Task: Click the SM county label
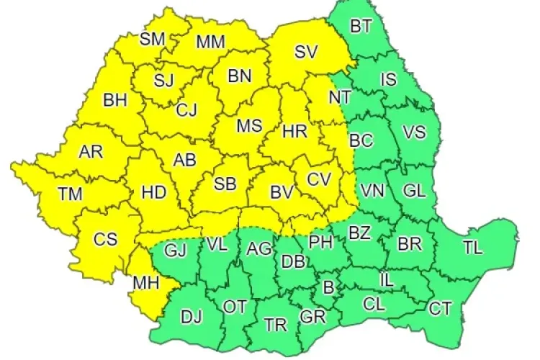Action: [x=153, y=39]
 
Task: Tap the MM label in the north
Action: [x=211, y=42]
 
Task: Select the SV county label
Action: [x=306, y=52]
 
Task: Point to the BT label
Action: [x=361, y=27]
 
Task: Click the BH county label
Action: [x=115, y=100]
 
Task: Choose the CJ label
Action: [x=186, y=111]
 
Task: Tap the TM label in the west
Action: [x=71, y=193]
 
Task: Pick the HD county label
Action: [x=154, y=192]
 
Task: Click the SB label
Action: [x=225, y=184]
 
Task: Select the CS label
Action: [x=105, y=239]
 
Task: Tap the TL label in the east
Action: [x=473, y=248]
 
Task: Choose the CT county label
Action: [x=440, y=309]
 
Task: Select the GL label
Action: [x=414, y=191]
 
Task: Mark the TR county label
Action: [x=275, y=325]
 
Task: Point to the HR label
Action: [x=295, y=132]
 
